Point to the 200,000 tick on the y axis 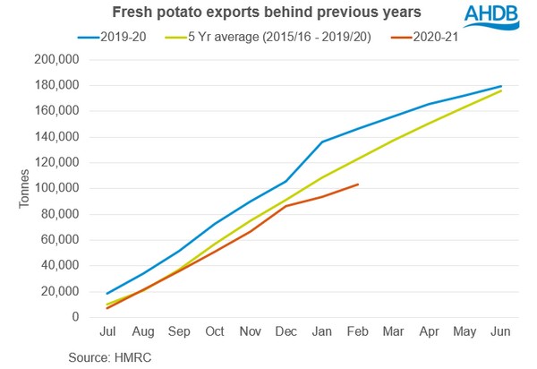pos(55,59)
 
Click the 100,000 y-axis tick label pos(55,188)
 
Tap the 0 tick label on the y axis pos(75,317)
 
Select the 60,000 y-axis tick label pos(58,240)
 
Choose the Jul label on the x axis pos(108,332)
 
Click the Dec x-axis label pos(286,332)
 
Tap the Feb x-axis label pos(357,332)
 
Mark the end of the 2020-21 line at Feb pos(358,184)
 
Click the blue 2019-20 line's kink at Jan pos(322,142)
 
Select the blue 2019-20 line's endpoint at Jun pos(500,86)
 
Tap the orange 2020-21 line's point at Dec pos(286,206)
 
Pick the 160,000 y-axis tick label pos(55,111)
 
